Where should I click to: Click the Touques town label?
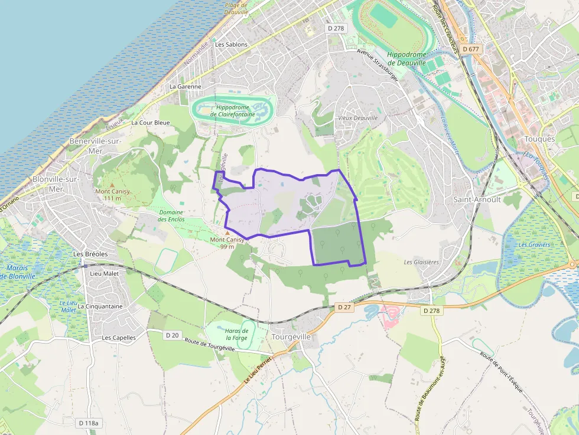(x=539, y=139)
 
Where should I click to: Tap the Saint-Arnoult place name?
(x=477, y=199)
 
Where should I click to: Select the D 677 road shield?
(x=471, y=49)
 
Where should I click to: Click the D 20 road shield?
(x=172, y=335)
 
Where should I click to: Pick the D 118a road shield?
(x=89, y=423)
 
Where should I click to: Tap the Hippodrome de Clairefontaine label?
(x=236, y=111)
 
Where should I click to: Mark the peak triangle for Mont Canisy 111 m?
(x=112, y=185)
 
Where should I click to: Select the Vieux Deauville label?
(x=357, y=118)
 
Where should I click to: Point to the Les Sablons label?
(x=231, y=44)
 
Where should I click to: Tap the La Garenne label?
(x=185, y=86)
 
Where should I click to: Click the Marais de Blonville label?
(x=18, y=272)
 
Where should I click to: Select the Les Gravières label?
(x=534, y=244)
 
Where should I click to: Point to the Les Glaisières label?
(x=421, y=262)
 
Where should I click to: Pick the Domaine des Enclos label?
(x=171, y=216)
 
